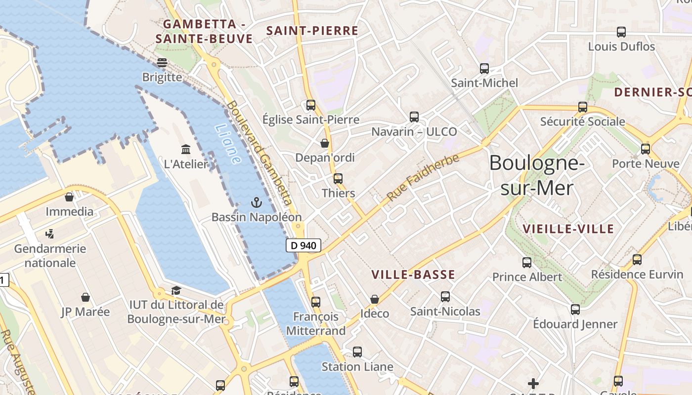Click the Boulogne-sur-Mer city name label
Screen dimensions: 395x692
537,176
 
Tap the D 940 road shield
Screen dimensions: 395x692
303,245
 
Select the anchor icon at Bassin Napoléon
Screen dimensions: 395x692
256,202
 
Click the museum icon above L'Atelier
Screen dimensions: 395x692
186,149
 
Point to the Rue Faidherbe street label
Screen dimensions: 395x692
423,177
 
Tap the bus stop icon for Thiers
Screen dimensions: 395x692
338,178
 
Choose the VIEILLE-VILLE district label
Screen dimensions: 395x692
568,229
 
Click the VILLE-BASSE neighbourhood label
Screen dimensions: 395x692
413,275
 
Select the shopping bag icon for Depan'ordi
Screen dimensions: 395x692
325,143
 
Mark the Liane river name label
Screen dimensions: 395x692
228,144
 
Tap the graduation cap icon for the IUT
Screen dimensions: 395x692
176,290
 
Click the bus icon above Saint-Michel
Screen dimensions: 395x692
484,69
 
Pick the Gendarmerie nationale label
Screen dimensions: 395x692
50,255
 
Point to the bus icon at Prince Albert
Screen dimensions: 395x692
527,262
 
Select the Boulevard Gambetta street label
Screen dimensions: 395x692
260,153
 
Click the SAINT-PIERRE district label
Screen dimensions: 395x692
312,31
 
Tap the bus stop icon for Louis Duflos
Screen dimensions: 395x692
621,32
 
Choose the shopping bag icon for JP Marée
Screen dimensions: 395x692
86,297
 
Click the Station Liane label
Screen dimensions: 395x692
357,367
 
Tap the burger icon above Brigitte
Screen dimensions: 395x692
162,63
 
